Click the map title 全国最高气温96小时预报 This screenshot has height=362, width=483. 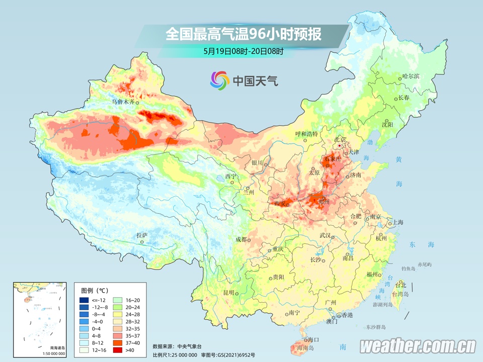point(244,34)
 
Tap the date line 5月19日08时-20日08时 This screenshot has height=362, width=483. point(244,51)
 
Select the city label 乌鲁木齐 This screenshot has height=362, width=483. point(123,102)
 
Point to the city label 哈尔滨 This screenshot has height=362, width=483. point(411,76)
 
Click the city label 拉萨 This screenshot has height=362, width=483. point(142,235)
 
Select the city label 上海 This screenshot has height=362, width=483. point(398,222)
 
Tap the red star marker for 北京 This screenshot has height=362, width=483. point(340,146)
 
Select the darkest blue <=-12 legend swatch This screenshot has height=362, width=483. point(84,300)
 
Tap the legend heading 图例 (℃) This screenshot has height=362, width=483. point(95,290)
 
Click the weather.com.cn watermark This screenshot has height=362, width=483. point(418,346)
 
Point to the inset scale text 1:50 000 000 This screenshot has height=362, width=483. point(50,354)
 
